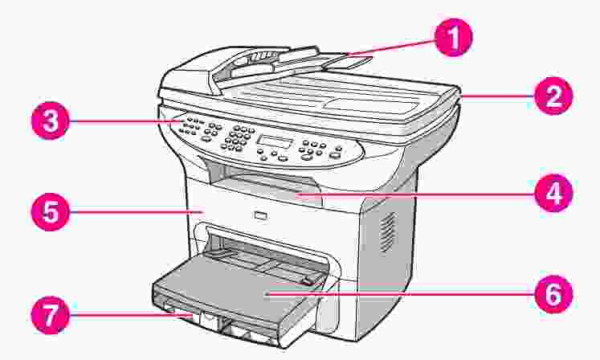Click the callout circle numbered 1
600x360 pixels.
[454, 38]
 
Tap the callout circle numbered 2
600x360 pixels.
[553, 96]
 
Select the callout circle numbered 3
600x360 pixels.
[50, 121]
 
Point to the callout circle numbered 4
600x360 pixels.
[553, 194]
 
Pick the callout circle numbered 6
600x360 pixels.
[553, 294]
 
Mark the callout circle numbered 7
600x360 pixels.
[50, 315]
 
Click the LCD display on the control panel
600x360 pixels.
[275, 141]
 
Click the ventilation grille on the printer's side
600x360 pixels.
[387, 232]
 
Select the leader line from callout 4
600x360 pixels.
[415, 194]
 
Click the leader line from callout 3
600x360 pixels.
[124, 121]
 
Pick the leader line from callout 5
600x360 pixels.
[136, 211]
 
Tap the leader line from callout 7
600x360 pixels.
[130, 315]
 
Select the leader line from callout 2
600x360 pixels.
[497, 96]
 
